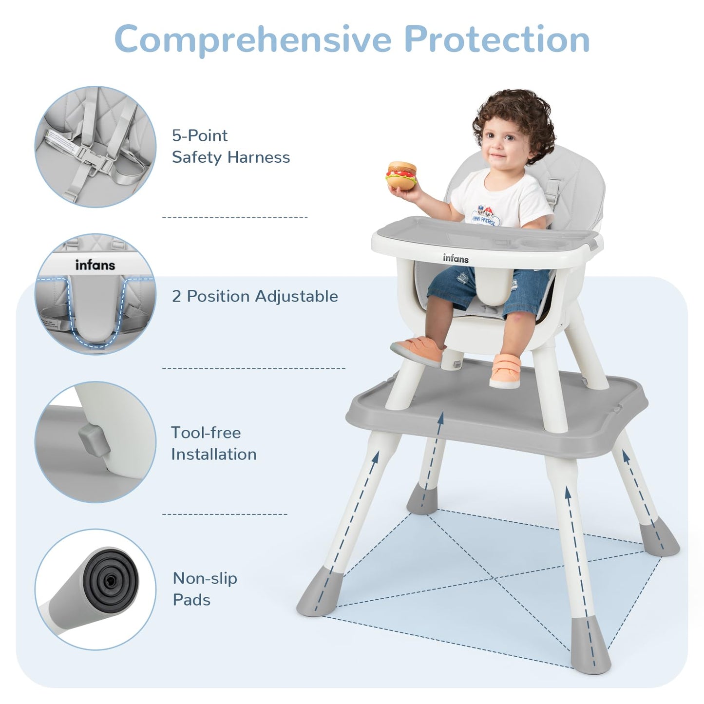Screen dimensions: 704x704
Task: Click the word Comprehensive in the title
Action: coord(253,40)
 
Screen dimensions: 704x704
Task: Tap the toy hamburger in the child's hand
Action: coord(401,176)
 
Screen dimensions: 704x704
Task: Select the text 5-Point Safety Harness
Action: coord(231,147)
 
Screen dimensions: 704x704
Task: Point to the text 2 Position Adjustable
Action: coord(255,296)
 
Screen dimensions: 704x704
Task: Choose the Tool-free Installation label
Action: coord(214,443)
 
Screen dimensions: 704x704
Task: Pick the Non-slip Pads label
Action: coord(205,589)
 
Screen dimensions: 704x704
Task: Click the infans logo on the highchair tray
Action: coord(456,258)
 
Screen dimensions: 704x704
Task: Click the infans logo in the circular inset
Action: coord(95,265)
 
